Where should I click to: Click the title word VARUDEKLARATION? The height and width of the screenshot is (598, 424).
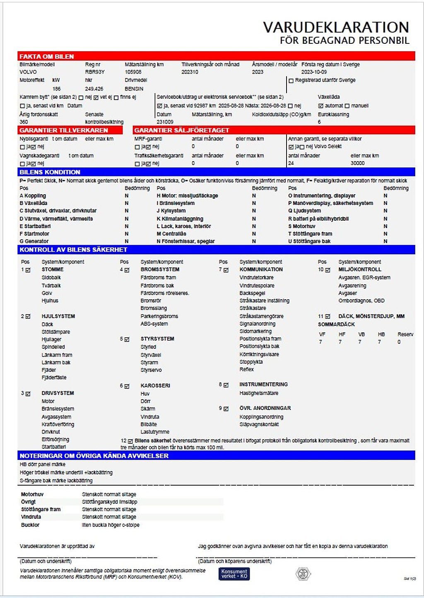336,27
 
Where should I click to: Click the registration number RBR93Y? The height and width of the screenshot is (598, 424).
95,72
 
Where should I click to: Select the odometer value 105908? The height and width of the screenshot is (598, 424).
133,72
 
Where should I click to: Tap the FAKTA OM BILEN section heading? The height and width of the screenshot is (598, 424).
47,57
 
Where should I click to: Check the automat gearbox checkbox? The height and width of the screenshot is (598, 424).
321,106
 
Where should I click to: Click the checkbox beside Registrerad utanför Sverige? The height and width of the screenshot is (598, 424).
291,81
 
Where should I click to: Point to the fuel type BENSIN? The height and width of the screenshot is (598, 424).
134,89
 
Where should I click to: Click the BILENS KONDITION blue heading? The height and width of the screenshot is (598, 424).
50,172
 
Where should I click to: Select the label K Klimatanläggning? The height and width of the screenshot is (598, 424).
180,219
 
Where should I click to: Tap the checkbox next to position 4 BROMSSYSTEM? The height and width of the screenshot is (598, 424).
127,270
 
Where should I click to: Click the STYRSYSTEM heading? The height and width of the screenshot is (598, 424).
157,339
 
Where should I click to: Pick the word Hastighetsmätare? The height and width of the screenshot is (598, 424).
259,393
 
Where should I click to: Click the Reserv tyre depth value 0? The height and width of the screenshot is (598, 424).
399,342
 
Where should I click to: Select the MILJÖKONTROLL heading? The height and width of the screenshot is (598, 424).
360,269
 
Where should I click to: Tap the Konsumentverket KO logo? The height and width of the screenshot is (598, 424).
234,574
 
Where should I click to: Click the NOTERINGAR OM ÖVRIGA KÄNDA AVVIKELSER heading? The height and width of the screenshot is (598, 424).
94,456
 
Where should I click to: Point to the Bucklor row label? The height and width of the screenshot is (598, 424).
30,525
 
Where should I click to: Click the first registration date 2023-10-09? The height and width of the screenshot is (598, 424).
314,72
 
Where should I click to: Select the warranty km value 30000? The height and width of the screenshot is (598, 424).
358,163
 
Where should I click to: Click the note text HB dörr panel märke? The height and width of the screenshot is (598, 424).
43,465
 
